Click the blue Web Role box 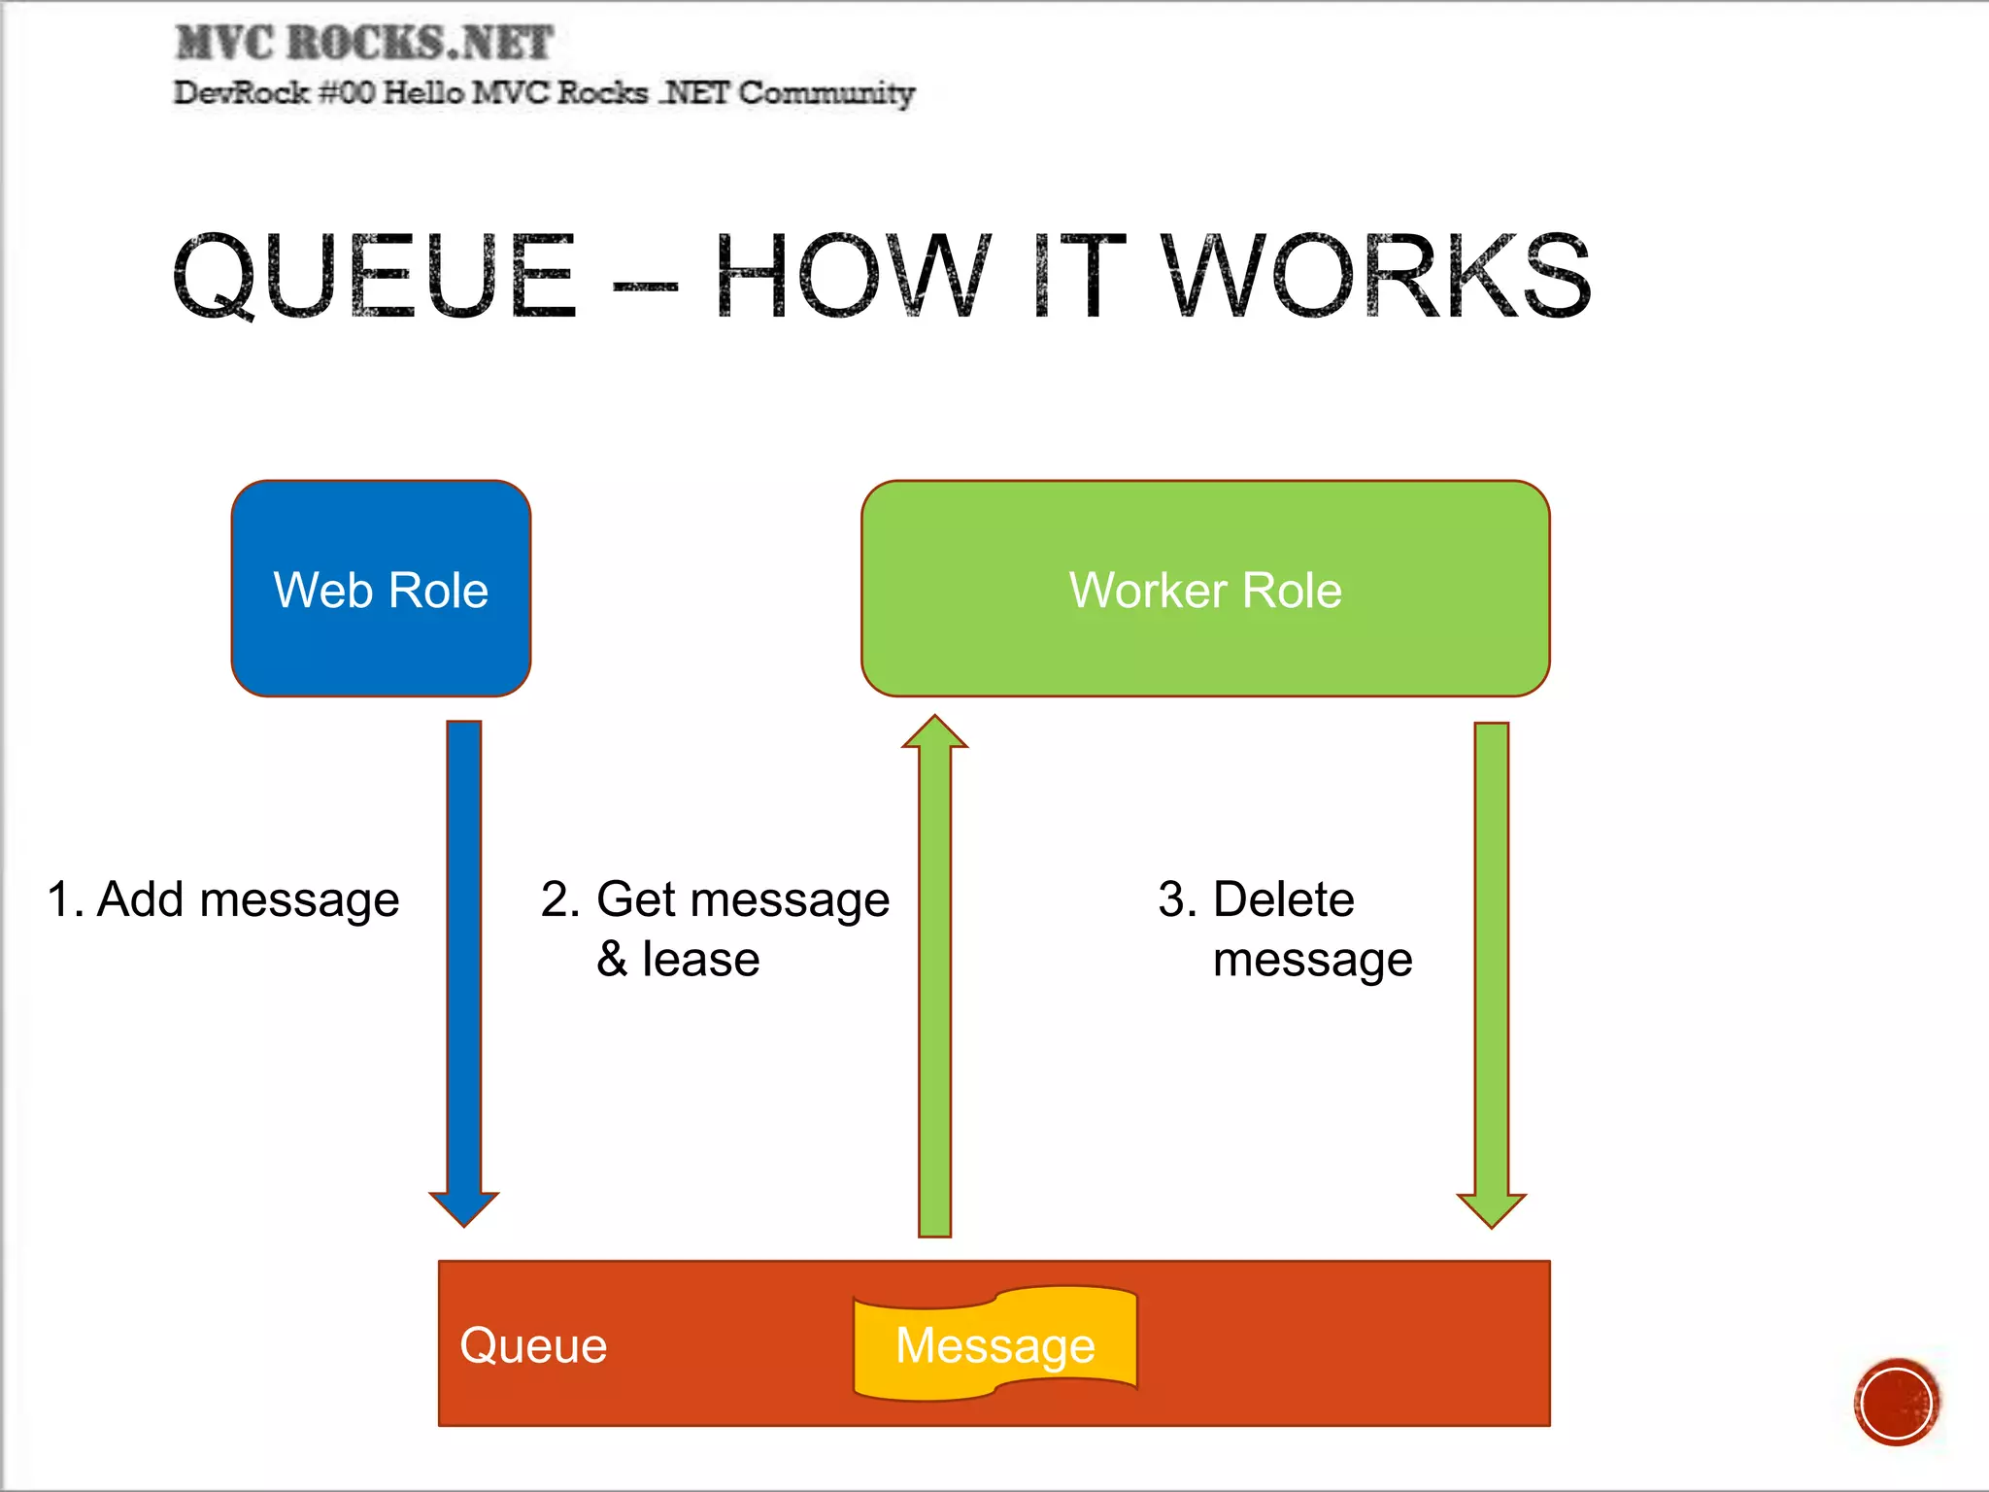point(381,588)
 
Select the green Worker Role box point(1204,588)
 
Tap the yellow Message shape point(994,1345)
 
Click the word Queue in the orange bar point(533,1345)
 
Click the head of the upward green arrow point(934,733)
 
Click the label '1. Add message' point(223,899)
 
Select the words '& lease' point(678,960)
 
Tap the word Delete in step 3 point(1283,899)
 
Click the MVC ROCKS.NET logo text point(364,44)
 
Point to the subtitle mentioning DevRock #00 point(544,93)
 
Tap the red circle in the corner point(1896,1402)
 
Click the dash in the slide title point(645,287)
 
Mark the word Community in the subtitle point(826,93)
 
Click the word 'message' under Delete point(1312,960)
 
